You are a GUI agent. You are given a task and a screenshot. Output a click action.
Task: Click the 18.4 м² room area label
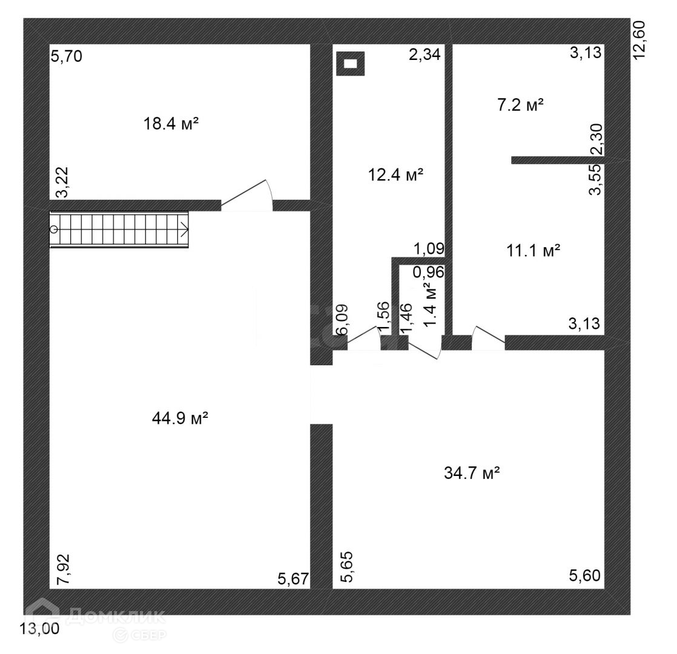point(171,124)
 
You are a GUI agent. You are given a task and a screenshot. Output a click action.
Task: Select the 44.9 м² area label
point(180,417)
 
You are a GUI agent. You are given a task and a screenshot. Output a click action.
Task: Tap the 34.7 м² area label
point(472,473)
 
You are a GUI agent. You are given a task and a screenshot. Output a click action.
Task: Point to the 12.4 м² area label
point(395,176)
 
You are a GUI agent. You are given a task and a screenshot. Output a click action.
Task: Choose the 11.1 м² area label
point(533,250)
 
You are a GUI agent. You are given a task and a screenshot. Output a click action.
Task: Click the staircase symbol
point(119,230)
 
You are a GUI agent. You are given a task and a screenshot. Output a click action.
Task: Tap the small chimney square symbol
point(351,62)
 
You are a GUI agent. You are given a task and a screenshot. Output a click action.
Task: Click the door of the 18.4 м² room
point(247,197)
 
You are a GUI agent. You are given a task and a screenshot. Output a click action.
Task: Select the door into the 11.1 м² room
point(488,338)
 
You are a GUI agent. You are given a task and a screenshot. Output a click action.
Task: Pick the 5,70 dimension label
point(67,58)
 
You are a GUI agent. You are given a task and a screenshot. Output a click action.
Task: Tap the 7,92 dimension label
point(63,569)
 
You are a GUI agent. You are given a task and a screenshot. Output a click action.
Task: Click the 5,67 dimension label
point(294,580)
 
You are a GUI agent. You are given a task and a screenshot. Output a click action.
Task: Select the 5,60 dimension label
point(584,575)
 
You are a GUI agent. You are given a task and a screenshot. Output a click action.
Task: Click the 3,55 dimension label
point(596,180)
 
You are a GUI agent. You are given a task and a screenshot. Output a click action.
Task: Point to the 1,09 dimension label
point(429,248)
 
